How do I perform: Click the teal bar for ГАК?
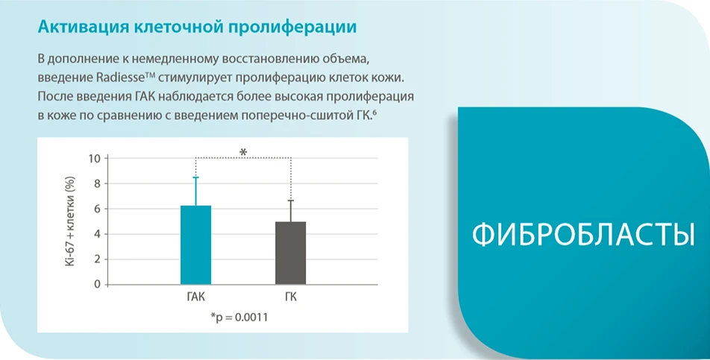(195, 245)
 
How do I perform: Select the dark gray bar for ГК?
(291, 253)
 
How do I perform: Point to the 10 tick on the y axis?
(94, 158)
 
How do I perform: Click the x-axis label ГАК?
(195, 297)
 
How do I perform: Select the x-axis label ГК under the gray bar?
(291, 297)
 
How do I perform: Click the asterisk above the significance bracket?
(243, 152)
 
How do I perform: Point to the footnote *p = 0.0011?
(239, 318)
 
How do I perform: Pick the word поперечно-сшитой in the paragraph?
(293, 116)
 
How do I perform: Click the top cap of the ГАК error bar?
(195, 177)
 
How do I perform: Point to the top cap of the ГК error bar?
(291, 200)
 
